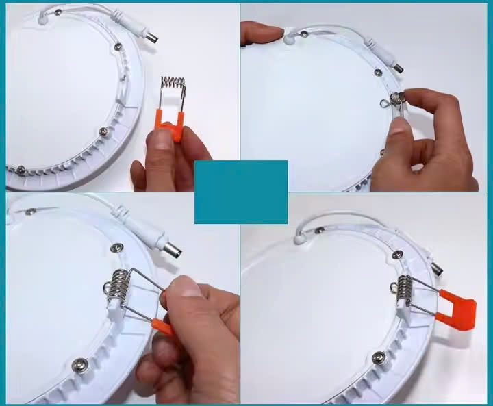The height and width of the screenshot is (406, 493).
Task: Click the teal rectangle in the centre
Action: pyautogui.click(x=241, y=192)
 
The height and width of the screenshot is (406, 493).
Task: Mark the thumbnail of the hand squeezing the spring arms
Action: pyautogui.click(x=181, y=287)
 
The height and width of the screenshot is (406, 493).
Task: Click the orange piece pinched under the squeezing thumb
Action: pyautogui.click(x=163, y=327)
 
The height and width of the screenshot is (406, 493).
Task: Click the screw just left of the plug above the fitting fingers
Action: pyautogui.click(x=377, y=72)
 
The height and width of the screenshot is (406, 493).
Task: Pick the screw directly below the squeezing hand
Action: pyautogui.click(x=79, y=365)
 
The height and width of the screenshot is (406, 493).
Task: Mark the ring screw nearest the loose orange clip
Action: pyautogui.click(x=103, y=131)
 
